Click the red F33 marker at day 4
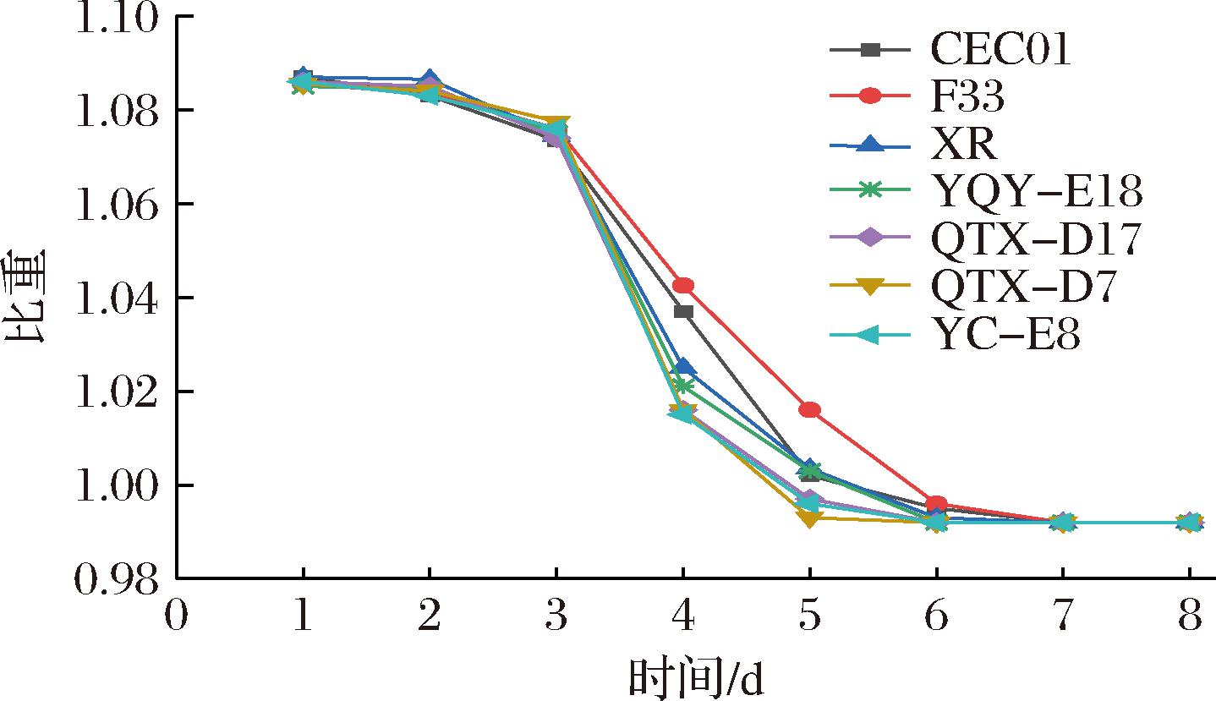(x=683, y=286)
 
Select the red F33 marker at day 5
(x=810, y=410)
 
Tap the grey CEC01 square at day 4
(x=683, y=312)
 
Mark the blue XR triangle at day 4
(x=683, y=367)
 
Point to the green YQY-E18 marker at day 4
(x=683, y=386)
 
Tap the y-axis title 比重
(x=27, y=298)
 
